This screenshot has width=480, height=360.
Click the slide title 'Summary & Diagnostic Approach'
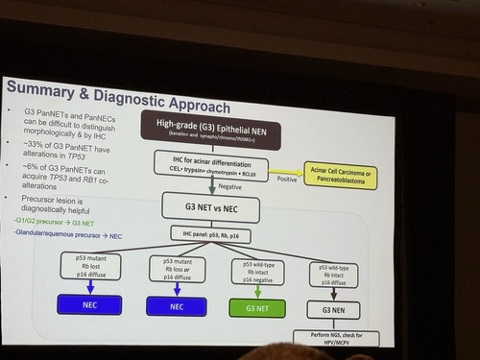[x=117, y=102]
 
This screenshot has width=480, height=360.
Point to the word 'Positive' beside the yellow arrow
[x=285, y=179]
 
